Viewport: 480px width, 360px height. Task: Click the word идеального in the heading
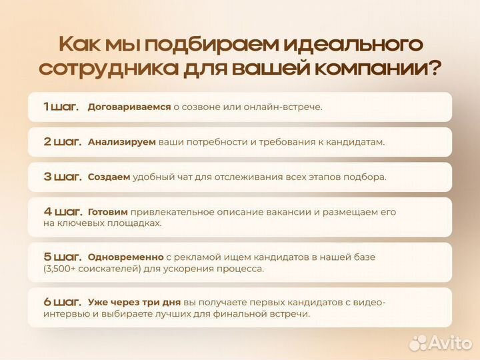[x=352, y=45]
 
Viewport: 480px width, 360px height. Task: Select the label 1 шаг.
[x=61, y=106]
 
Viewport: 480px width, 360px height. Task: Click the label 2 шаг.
[x=62, y=141]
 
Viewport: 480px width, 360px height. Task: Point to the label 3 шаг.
[x=62, y=177]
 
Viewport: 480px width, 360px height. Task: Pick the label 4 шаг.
[x=62, y=211]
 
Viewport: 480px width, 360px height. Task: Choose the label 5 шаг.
[x=62, y=256]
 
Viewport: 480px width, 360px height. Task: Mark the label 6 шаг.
[x=62, y=301]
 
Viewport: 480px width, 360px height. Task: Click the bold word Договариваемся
[x=129, y=107]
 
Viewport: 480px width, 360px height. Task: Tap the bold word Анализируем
[x=121, y=142]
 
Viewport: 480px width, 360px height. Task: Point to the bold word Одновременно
[x=125, y=257]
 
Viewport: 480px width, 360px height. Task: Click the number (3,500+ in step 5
[x=65, y=269]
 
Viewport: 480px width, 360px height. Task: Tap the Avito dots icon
[x=418, y=342]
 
